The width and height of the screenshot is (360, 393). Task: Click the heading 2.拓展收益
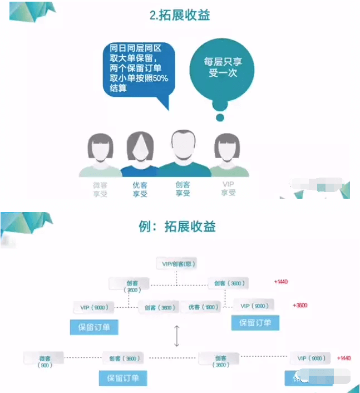(180, 15)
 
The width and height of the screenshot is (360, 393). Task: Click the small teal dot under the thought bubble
(220, 117)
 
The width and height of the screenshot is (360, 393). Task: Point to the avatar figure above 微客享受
(100, 153)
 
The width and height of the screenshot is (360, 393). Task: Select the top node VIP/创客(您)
(177, 263)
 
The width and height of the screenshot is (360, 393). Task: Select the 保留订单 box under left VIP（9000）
(94, 327)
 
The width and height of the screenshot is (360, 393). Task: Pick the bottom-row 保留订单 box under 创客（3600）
(123, 378)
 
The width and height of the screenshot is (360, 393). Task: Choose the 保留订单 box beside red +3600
(255, 322)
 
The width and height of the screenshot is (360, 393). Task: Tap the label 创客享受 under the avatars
(183, 189)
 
